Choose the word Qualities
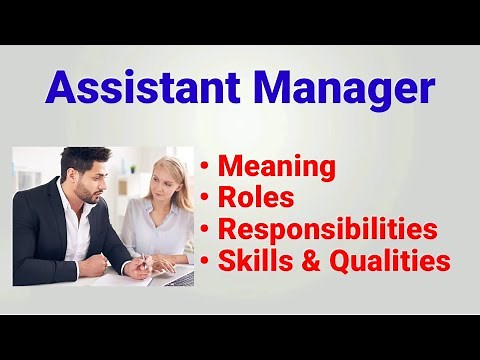[x=392, y=262]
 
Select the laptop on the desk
[x=180, y=276]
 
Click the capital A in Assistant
[x=62, y=88]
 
